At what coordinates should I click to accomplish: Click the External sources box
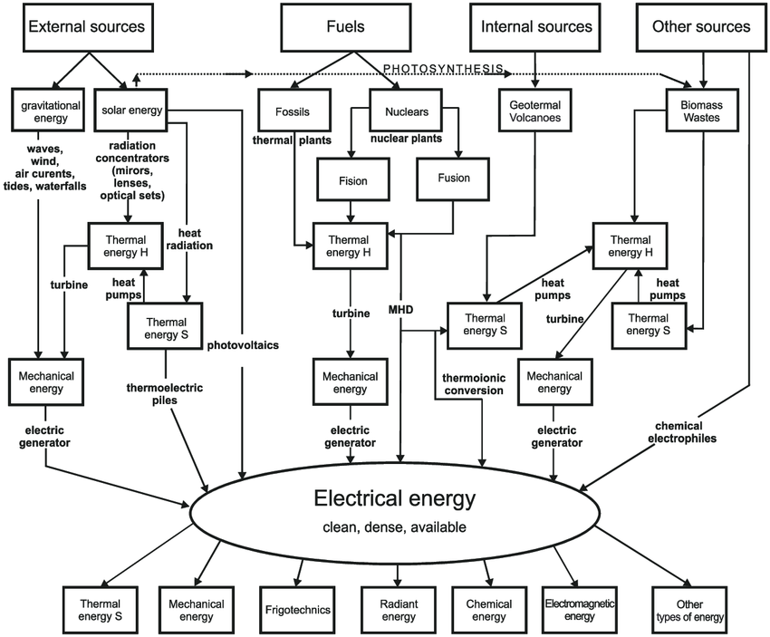coord(86,27)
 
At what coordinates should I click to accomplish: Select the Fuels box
coord(345,27)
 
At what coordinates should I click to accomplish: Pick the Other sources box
coord(700,27)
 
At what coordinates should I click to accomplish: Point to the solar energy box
coord(130,111)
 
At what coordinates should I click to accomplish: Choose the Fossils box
coord(292,111)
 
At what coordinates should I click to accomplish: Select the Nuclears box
coord(400,111)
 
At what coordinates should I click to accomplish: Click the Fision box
coord(353,180)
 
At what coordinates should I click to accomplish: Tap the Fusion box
coord(454,178)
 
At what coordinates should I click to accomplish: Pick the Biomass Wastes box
coord(700,111)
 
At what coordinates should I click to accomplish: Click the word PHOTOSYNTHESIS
coord(444,70)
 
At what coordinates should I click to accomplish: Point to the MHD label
coord(399,310)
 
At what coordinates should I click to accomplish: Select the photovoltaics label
coord(243,345)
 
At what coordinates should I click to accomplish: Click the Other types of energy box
coord(689,611)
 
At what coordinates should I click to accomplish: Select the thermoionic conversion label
coord(472,383)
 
